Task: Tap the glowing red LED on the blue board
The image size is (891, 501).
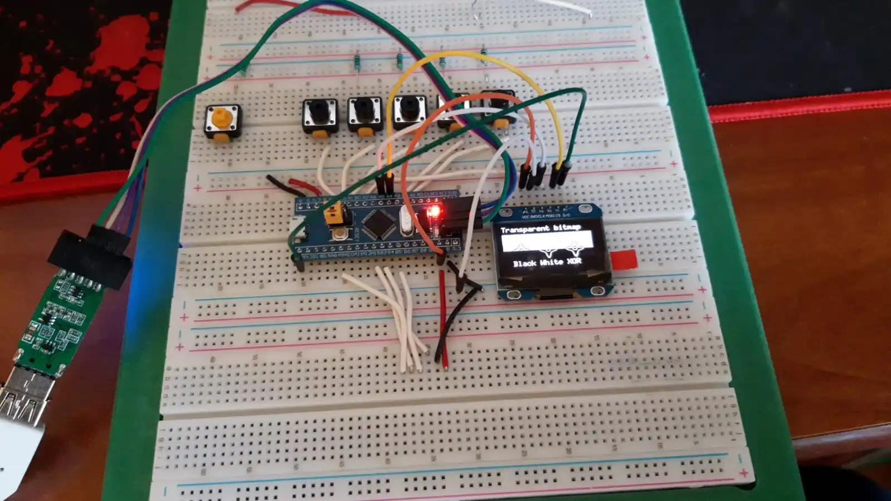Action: click(x=432, y=212)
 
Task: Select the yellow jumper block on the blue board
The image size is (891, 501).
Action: click(x=333, y=215)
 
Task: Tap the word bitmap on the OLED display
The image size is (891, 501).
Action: click(x=566, y=227)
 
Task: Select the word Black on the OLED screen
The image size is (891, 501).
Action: click(x=524, y=263)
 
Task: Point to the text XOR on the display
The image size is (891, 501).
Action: click(x=574, y=261)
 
